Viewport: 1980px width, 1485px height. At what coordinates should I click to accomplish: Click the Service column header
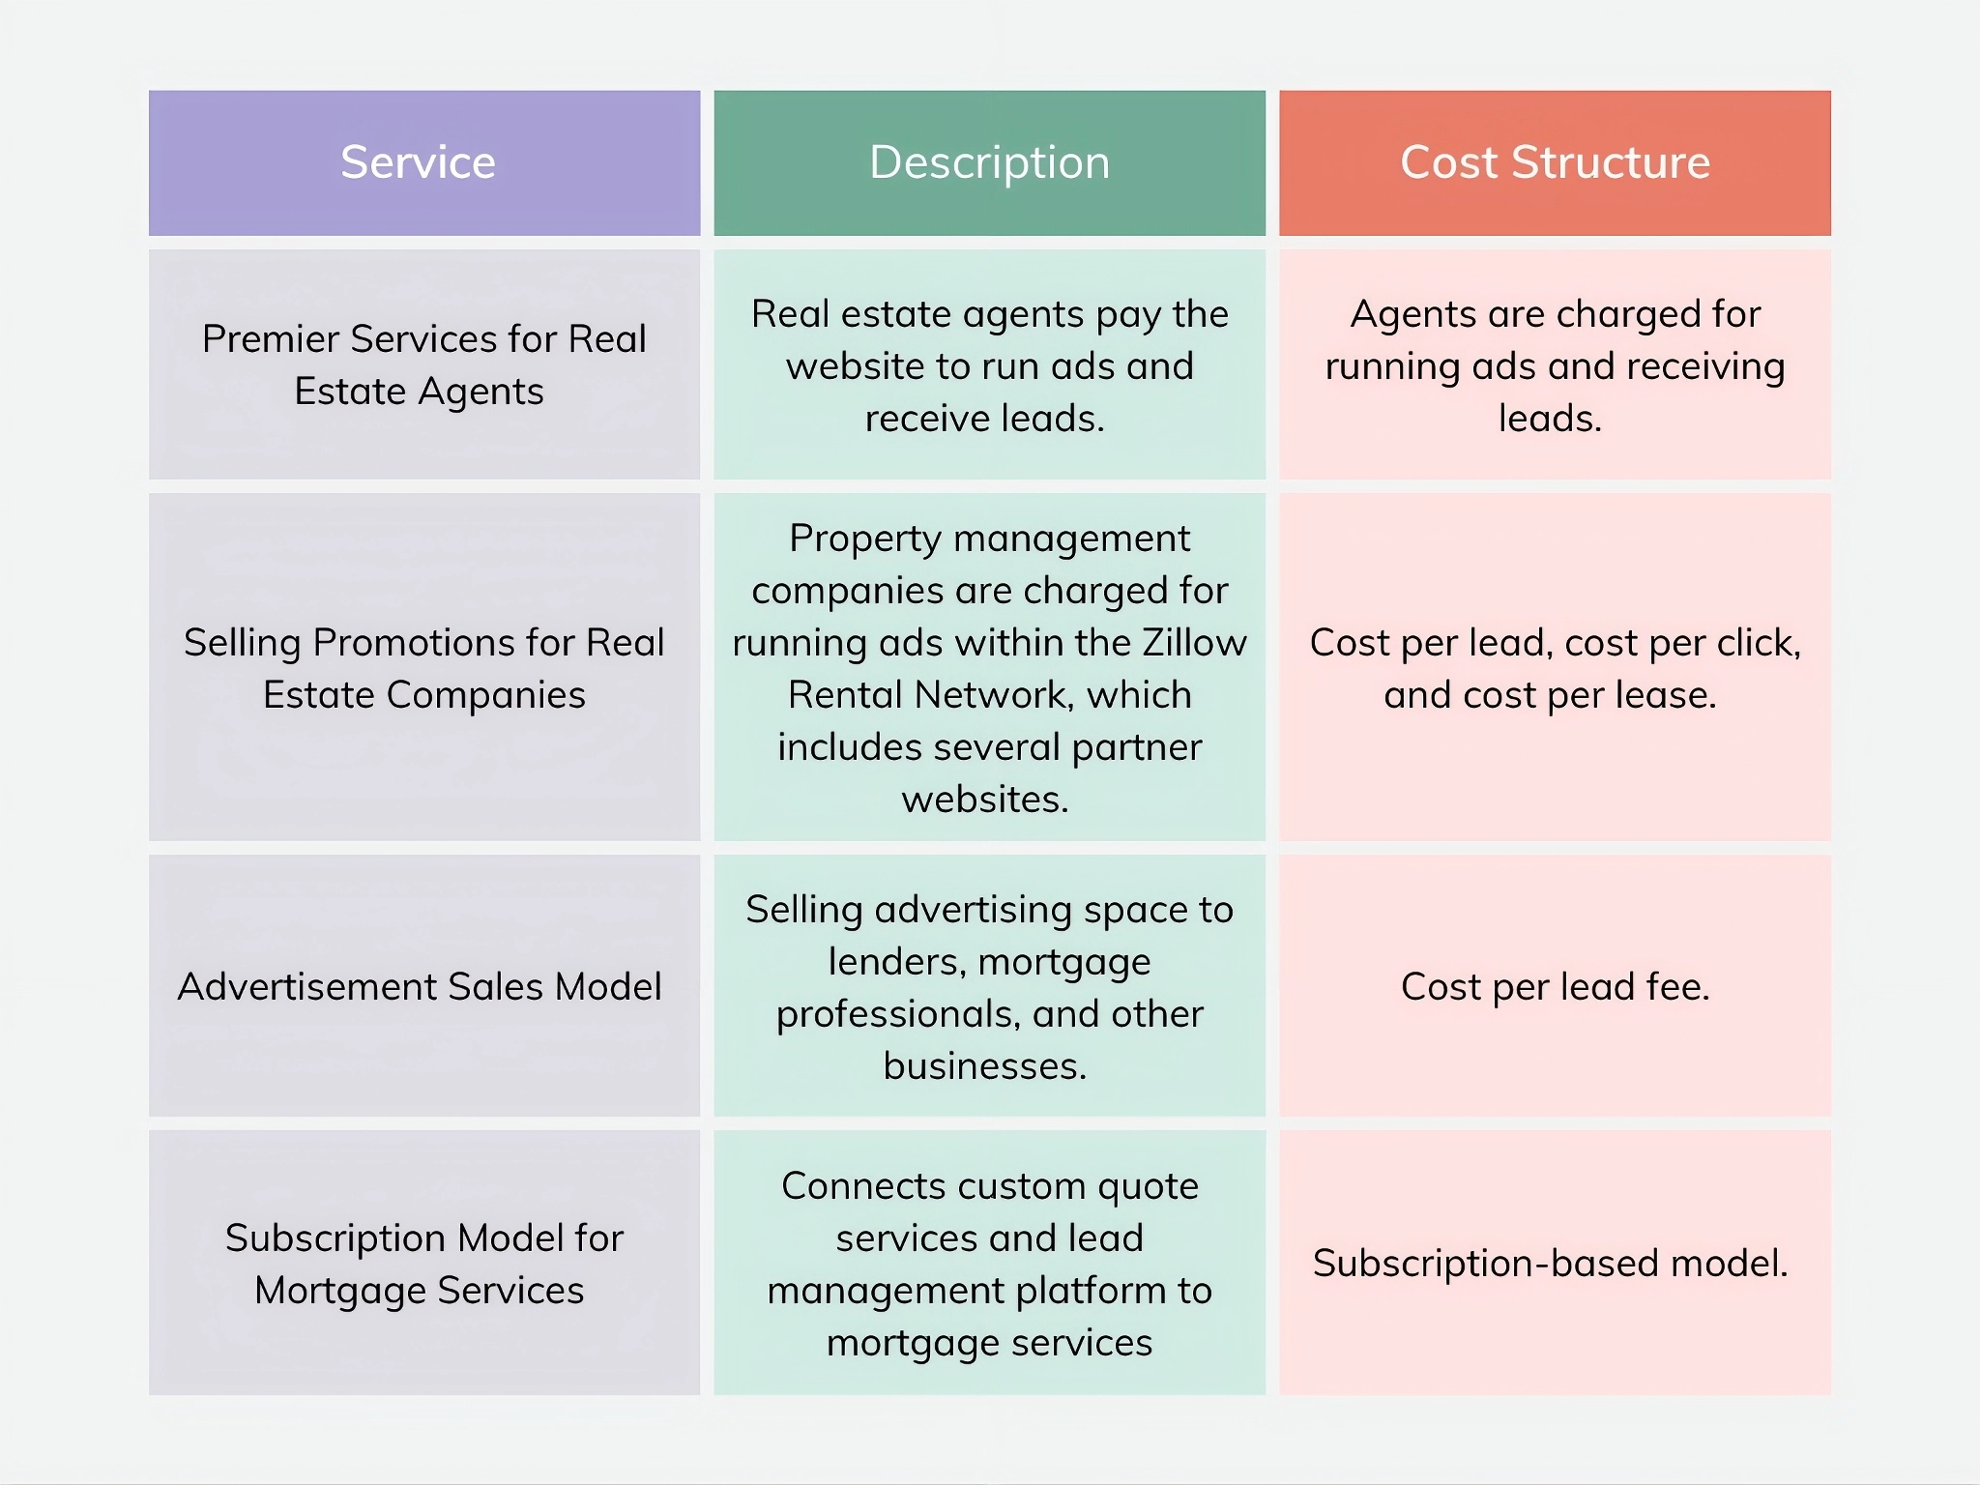click(x=418, y=162)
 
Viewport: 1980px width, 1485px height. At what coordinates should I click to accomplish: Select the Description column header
click(x=989, y=162)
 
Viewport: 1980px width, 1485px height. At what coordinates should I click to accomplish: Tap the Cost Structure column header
click(x=1555, y=162)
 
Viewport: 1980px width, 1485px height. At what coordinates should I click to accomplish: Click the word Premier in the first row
click(x=270, y=339)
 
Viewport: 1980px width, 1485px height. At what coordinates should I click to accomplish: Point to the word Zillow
click(x=1195, y=643)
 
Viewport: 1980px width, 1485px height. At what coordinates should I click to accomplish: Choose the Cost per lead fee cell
click(x=1555, y=987)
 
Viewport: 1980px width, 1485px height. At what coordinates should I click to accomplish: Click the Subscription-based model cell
click(x=1550, y=1264)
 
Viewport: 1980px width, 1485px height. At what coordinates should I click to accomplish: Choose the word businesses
click(x=984, y=1066)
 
